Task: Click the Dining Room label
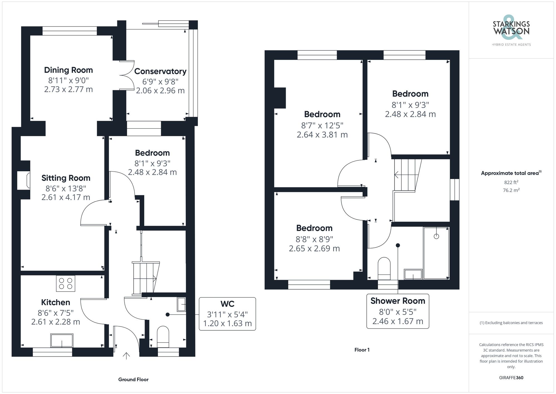click(x=68, y=70)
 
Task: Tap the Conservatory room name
click(x=160, y=71)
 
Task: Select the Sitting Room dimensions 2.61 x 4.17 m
click(x=66, y=197)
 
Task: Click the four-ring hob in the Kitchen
click(x=66, y=283)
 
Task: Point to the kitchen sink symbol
click(x=62, y=340)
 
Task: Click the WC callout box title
click(x=227, y=304)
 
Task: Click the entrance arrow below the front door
click(x=126, y=356)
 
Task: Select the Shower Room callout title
click(x=398, y=301)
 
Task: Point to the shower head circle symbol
click(x=436, y=236)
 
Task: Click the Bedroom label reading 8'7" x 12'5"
click(x=322, y=114)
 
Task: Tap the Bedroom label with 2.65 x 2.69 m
click(x=314, y=228)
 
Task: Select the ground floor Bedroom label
click(x=152, y=153)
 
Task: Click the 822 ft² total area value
click(x=511, y=182)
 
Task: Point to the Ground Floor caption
click(x=133, y=380)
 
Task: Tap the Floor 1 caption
click(x=362, y=350)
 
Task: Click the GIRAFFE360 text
click(x=511, y=378)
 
